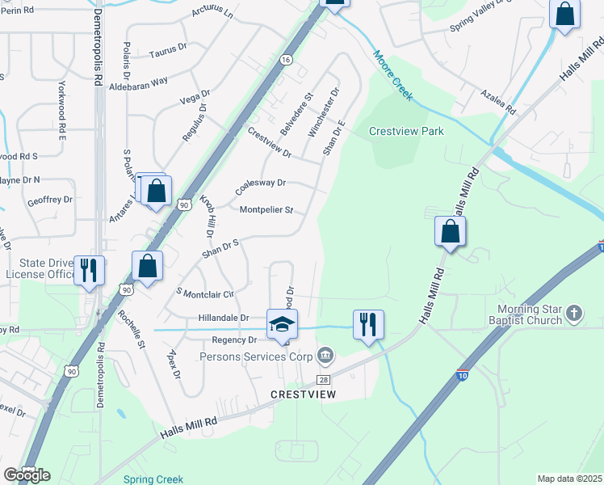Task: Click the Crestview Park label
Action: pos(406,131)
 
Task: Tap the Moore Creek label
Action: pos(392,76)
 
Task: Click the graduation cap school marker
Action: pos(282,324)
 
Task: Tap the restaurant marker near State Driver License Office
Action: pos(88,271)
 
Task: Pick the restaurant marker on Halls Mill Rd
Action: pos(368,325)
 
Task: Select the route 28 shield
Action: pos(323,379)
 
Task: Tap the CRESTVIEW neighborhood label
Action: pos(303,394)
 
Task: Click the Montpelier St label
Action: pos(266,210)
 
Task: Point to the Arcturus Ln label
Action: pos(212,14)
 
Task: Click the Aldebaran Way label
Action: pos(138,82)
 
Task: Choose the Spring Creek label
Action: pos(153,479)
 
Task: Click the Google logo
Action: pos(26,475)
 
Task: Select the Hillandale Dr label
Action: pos(224,319)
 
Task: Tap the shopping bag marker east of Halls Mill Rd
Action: pos(450,232)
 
